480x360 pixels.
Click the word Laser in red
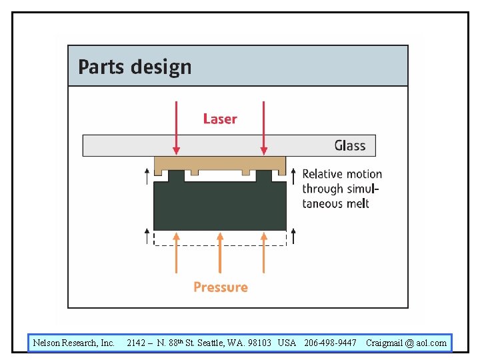[x=220, y=119]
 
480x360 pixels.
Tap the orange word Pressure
[x=221, y=287]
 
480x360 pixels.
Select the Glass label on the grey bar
[x=350, y=145]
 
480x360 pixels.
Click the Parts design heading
[x=135, y=67]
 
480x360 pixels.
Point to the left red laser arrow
[x=176, y=127]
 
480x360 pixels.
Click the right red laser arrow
[x=264, y=127]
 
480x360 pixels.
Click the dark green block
[x=220, y=207]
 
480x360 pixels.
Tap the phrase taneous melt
[x=335, y=203]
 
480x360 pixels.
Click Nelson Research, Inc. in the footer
[x=74, y=343]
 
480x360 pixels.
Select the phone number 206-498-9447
[x=330, y=343]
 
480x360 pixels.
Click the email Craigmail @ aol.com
[x=406, y=343]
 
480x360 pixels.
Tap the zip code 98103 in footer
[x=256, y=343]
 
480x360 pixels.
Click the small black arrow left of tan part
[x=147, y=175]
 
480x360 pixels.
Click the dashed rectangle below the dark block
[x=220, y=239]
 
